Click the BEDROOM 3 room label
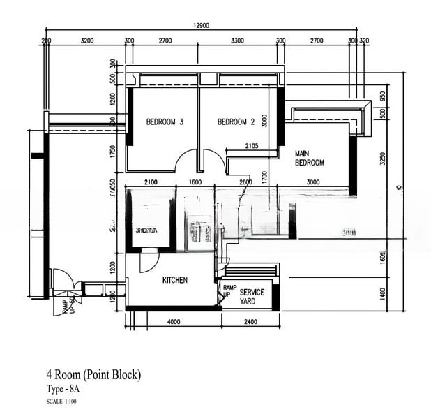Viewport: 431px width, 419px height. click(x=165, y=122)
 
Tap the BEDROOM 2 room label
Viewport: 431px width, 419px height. click(x=236, y=122)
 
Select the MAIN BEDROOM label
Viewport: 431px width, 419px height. click(x=310, y=158)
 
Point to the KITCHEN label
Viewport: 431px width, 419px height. click(x=174, y=280)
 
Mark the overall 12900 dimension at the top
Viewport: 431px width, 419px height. click(x=201, y=25)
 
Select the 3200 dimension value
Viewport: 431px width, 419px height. click(x=87, y=41)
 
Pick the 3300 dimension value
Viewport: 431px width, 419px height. click(x=237, y=41)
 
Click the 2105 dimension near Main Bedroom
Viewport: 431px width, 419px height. click(x=252, y=146)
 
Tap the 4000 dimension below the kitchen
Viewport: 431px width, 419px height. click(x=174, y=322)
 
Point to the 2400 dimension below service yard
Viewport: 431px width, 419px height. click(x=250, y=322)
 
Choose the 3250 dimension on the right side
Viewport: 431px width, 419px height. click(x=382, y=159)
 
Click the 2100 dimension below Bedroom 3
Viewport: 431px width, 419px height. click(x=151, y=182)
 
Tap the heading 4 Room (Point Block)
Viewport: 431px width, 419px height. click(x=93, y=375)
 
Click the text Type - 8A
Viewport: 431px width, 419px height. click(x=67, y=389)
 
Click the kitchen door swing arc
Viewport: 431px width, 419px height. click(x=149, y=263)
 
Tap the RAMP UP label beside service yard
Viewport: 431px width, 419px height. click(x=229, y=291)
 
